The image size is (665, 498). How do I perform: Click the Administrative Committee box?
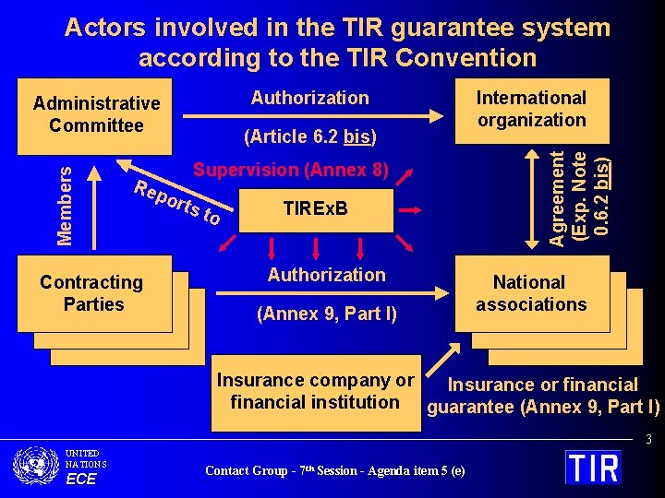pyautogui.click(x=96, y=114)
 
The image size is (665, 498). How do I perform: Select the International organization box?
pyautogui.click(x=531, y=109)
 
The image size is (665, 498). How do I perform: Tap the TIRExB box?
pyautogui.click(x=315, y=208)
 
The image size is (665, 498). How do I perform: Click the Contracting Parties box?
pyautogui.click(x=92, y=293)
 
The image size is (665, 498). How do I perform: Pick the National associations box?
pyautogui.click(x=530, y=293)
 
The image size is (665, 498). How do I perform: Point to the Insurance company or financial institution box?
pyautogui.click(x=315, y=392)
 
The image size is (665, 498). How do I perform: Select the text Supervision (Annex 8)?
pyautogui.click(x=292, y=170)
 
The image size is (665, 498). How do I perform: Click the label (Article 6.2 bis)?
pyautogui.click(x=308, y=137)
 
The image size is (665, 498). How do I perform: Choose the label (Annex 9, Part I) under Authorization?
pyautogui.click(x=327, y=314)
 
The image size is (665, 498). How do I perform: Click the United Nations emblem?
pyautogui.click(x=37, y=465)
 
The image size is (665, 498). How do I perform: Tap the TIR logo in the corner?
pyautogui.click(x=593, y=466)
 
